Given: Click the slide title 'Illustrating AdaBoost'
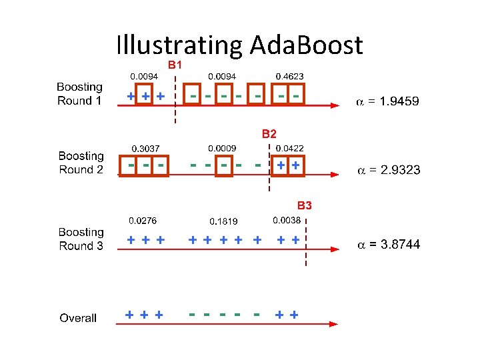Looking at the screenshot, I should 239,45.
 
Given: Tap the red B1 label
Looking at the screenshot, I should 175,65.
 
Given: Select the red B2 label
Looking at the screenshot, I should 269,134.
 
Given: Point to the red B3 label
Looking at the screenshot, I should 304,205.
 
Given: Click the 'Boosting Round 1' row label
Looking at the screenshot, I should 79,94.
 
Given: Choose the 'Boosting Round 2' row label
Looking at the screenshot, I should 81,163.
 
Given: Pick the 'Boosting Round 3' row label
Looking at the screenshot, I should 81,239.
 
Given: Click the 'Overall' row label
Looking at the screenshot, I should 78,318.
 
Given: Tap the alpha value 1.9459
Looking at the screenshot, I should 387,102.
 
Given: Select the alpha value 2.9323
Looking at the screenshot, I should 389,170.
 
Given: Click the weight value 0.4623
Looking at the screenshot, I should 289,77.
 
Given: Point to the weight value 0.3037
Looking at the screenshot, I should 145,148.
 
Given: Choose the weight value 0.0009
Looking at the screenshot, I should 222,147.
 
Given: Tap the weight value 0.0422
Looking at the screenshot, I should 289,148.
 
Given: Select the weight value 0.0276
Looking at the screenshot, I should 143,220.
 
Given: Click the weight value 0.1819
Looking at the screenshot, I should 223,221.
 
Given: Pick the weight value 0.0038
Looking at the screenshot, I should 287,220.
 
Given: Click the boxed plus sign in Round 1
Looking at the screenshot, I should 145,96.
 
